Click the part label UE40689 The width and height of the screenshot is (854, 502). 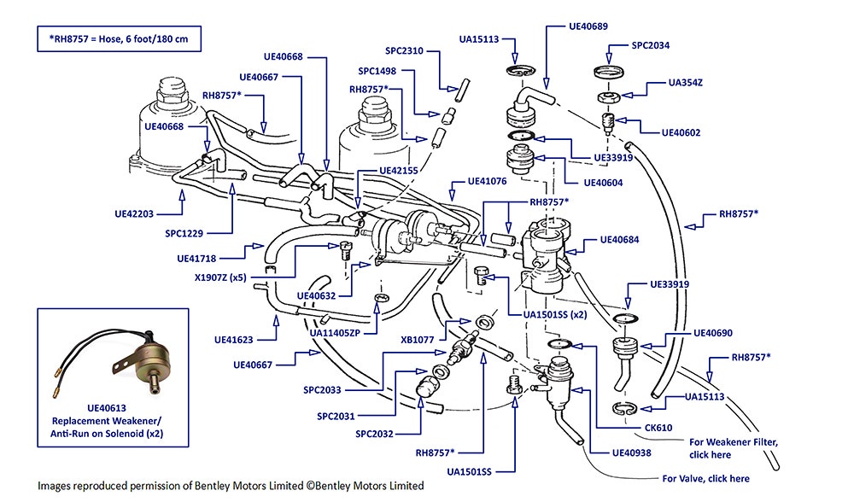click(588, 26)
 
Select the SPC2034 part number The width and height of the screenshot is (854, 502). click(650, 45)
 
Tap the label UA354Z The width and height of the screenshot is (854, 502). click(685, 83)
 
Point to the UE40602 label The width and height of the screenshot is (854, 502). click(681, 132)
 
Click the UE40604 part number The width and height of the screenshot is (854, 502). click(603, 183)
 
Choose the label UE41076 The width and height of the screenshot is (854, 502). click(487, 181)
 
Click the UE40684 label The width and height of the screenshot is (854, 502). click(619, 240)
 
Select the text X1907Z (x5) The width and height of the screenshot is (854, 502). click(220, 277)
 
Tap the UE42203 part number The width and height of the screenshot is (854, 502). click(134, 214)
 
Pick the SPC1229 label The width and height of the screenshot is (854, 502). click(184, 234)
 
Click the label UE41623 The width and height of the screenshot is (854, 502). click(234, 340)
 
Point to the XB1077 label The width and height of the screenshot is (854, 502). click(418, 340)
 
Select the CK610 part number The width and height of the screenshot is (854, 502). click(658, 428)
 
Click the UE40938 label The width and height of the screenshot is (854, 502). click(631, 452)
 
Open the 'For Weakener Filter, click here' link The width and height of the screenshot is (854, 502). click(733, 449)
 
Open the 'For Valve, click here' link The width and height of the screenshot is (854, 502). click(706, 479)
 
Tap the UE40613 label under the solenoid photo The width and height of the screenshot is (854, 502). click(107, 408)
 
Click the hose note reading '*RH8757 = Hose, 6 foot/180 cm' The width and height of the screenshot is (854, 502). click(119, 39)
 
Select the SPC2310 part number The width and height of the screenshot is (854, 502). click(404, 50)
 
